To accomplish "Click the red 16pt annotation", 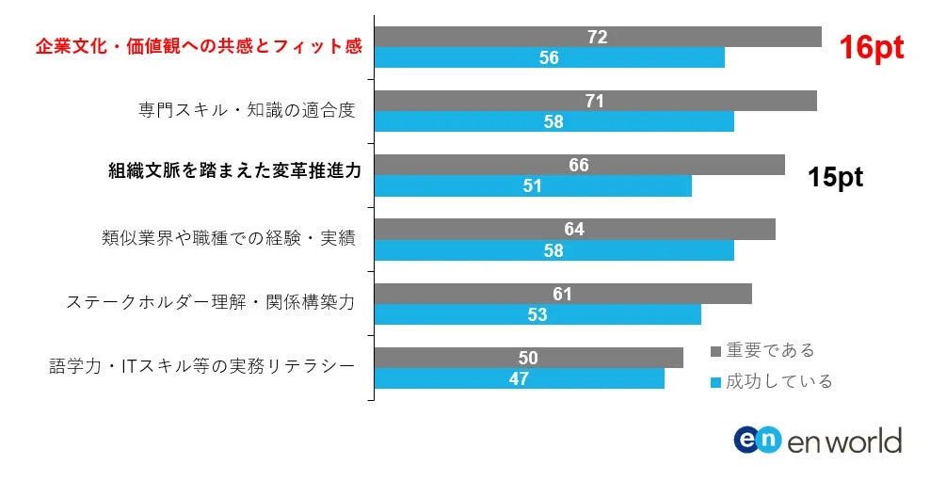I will [872, 49].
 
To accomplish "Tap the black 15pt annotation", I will [835, 178].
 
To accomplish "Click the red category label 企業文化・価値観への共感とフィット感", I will [199, 46].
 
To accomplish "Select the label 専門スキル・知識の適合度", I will [247, 110].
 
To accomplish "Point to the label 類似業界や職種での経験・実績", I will [228, 238].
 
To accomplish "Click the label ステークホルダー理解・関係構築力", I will [211, 302].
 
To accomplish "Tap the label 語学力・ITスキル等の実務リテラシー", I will [201, 366].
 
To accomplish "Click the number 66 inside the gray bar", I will [579, 165].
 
